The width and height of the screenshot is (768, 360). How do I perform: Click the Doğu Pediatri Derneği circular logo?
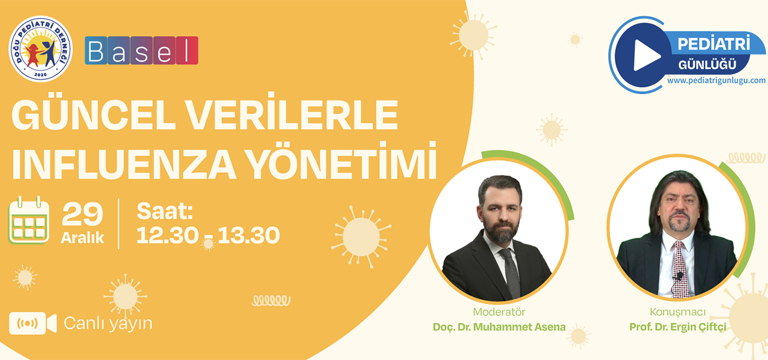coord(40,49)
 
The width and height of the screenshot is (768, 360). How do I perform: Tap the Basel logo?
coord(141,50)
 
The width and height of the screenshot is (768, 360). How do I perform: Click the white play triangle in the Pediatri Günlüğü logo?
coord(647,55)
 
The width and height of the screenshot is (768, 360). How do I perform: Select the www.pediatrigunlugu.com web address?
coord(716,80)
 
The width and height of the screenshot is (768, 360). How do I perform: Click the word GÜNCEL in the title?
coord(94,115)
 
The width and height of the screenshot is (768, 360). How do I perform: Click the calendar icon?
coord(29,220)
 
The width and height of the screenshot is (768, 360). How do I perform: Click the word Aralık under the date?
coord(82,238)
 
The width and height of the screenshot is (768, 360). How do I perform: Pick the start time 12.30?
coord(167,236)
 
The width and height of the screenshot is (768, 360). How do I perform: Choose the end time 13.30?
coord(249,236)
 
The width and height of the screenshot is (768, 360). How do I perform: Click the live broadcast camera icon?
coord(33,323)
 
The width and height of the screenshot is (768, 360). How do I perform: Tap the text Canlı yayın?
coord(108,323)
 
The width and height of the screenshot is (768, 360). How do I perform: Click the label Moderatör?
coord(499,312)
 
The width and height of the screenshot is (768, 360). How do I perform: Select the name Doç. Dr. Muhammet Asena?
coord(499,327)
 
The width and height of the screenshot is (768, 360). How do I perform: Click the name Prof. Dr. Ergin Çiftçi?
coord(678,328)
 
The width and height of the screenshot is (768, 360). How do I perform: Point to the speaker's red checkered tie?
coord(680,269)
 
